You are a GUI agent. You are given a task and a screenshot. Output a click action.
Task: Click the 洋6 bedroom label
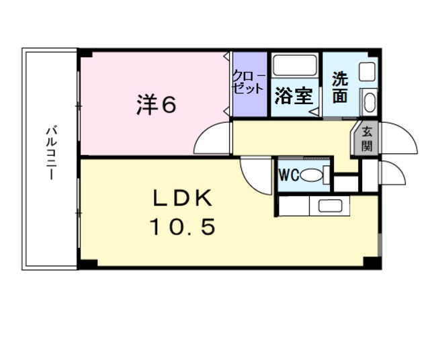(157, 105)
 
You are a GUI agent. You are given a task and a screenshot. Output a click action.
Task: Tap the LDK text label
(182, 197)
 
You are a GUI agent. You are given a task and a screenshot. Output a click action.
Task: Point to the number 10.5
(182, 226)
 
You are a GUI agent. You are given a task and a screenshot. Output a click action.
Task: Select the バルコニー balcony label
(51, 152)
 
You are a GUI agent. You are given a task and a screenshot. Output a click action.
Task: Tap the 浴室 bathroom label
(294, 95)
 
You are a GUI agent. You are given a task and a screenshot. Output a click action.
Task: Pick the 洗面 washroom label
(340, 87)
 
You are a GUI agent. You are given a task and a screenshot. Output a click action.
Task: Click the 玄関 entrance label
(366, 139)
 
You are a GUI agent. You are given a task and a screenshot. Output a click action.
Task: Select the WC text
(289, 175)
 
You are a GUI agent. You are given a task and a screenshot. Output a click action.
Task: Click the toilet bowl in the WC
(312, 175)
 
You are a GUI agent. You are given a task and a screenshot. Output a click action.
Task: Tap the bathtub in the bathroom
(295, 65)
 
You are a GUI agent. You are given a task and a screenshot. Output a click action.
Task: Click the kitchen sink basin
(330, 206)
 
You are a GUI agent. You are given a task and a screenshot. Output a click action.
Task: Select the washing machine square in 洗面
(367, 72)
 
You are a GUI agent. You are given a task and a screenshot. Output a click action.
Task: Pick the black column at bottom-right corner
(372, 262)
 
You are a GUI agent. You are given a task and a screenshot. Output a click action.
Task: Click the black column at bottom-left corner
(88, 263)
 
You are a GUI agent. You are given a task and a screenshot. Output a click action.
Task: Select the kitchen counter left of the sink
(294, 206)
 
